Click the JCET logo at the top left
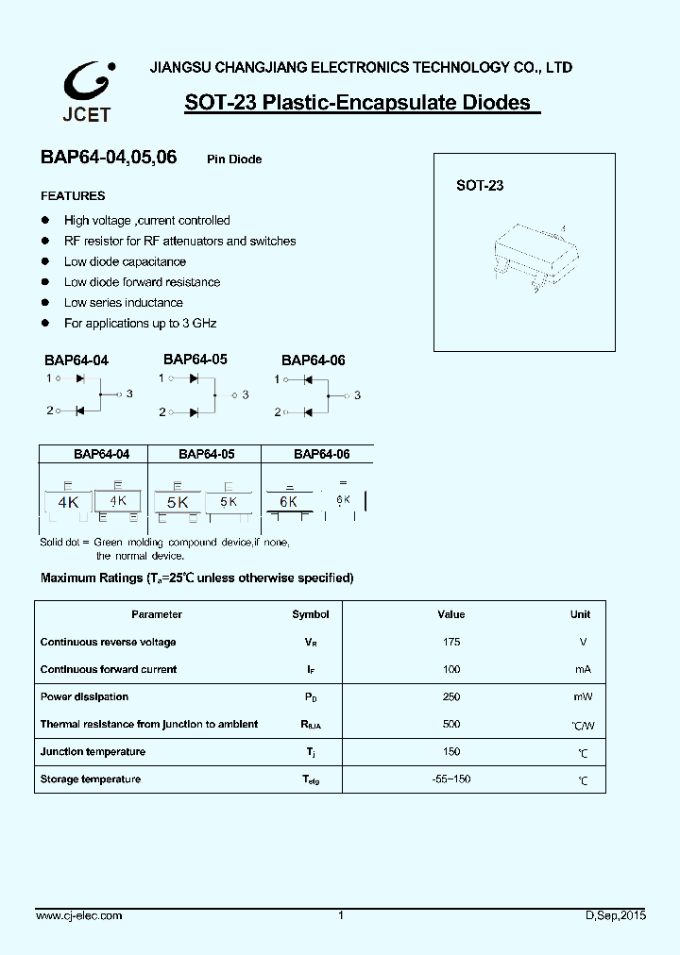click(88, 92)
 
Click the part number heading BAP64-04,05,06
click(108, 159)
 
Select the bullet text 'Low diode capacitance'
click(125, 261)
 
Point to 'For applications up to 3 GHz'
click(140, 323)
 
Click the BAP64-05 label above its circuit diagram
click(195, 360)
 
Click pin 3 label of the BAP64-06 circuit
click(357, 395)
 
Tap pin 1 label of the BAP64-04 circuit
click(48, 377)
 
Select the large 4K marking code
click(68, 503)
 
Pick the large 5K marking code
click(177, 503)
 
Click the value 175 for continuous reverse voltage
click(451, 642)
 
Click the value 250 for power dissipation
click(451, 696)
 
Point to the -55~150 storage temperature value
click(451, 779)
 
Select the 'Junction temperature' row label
click(93, 751)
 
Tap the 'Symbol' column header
click(311, 614)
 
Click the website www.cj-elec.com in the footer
click(78, 915)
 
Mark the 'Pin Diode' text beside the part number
click(234, 159)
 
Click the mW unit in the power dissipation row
click(583, 696)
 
